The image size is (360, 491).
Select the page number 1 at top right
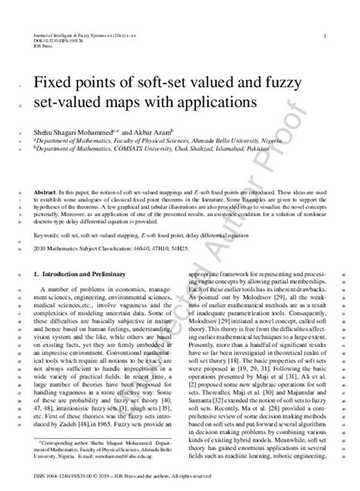pyautogui.click(x=324, y=35)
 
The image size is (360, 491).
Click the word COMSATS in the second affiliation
pyautogui.click(x=129, y=150)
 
